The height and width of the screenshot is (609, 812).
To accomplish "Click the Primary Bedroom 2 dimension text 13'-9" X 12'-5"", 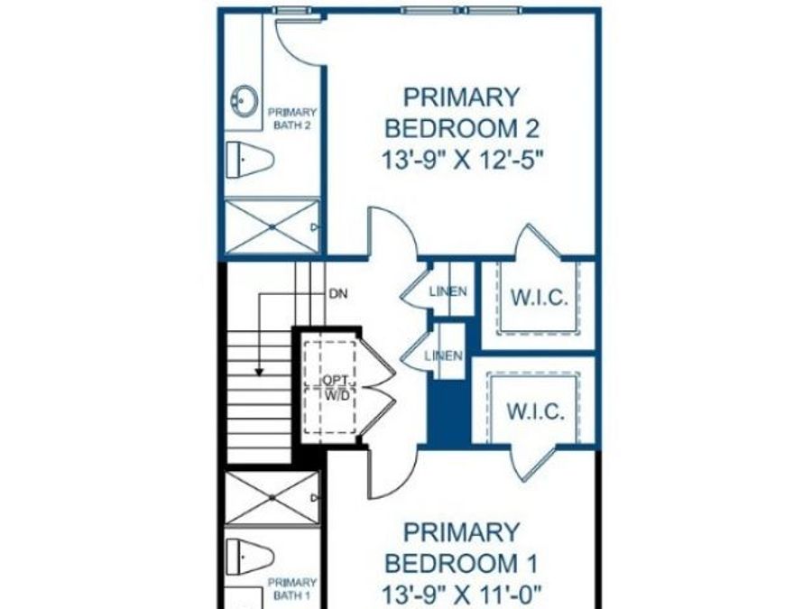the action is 464,160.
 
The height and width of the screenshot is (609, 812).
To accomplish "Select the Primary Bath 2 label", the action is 292,118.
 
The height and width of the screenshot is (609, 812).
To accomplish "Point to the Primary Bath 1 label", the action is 292,589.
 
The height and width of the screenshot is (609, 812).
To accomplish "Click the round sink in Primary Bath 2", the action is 244,100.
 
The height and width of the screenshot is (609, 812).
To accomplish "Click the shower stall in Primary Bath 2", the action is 272,226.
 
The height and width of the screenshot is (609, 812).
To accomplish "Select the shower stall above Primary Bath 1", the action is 272,498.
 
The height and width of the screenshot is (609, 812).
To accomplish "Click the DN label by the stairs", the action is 338,294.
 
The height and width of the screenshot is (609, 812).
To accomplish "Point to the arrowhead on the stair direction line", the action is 259,372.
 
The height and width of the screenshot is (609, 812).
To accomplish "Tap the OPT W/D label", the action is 337,387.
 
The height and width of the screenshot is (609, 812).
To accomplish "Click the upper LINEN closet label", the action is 448,291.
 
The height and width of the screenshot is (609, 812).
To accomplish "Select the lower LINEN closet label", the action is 443,355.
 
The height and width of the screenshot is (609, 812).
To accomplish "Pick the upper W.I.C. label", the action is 540,298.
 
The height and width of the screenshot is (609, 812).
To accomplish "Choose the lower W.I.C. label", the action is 535,411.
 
